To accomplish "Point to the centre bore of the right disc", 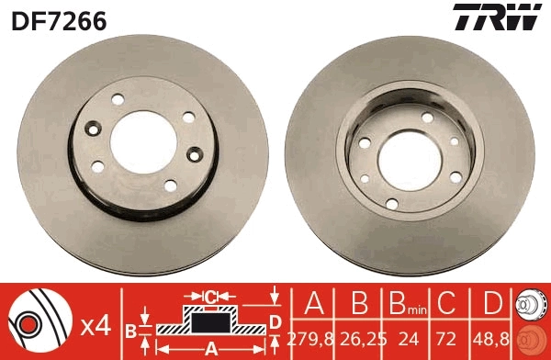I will (x=410, y=155).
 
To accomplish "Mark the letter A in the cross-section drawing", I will (x=211, y=349).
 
